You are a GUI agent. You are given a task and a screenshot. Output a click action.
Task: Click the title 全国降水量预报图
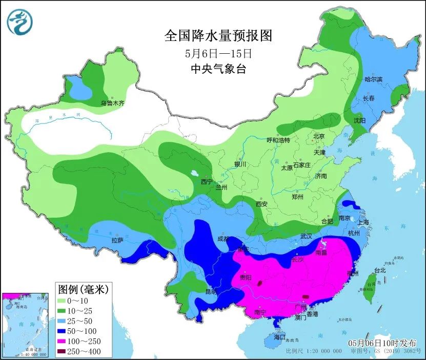coord(217,35)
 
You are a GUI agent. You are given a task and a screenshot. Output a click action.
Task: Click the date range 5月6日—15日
coord(217,53)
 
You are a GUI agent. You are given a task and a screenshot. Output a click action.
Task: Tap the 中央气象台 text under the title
coord(217,69)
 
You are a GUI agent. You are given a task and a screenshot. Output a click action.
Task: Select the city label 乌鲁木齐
coord(112,103)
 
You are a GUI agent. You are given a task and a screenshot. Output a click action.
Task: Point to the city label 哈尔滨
coord(373,79)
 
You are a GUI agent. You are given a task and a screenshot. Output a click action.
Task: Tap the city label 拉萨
coord(117,240)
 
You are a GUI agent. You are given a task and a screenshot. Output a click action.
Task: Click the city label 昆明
coord(211,291)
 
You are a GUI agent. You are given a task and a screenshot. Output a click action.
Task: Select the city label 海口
coord(279,338)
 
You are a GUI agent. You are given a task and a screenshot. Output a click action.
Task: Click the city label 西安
coord(261,204)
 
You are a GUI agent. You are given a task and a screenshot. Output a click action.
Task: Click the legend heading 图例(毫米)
coord(83,289)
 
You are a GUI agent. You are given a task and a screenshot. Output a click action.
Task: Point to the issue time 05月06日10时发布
coord(382,343)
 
